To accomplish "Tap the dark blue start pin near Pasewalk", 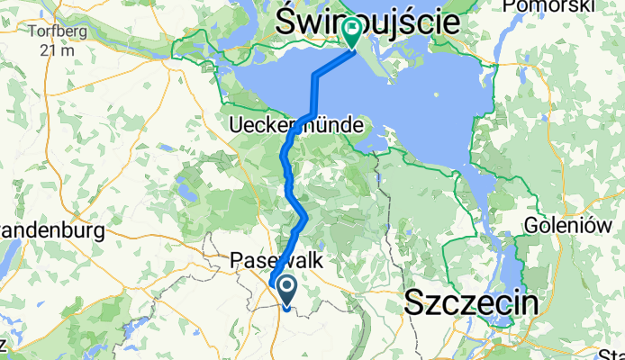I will click(x=287, y=290).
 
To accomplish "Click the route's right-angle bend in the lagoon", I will click(x=315, y=77).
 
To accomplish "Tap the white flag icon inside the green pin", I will click(x=350, y=30).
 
